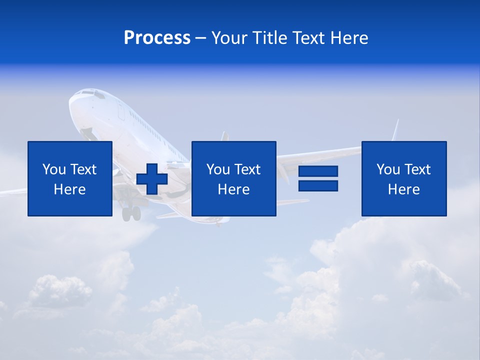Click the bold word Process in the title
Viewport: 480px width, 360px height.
157,38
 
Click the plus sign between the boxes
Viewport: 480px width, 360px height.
151,179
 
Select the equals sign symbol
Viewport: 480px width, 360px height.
318,178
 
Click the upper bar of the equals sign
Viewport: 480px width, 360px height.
318,171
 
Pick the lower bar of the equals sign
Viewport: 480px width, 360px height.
318,185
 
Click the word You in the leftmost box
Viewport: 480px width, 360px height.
54,169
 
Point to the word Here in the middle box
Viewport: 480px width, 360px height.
233,189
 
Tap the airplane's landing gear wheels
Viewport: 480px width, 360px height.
131,213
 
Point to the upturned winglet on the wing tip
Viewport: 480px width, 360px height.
396,130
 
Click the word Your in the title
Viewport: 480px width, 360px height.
228,38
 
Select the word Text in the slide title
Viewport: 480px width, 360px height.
305,38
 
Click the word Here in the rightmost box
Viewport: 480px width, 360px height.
403,189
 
